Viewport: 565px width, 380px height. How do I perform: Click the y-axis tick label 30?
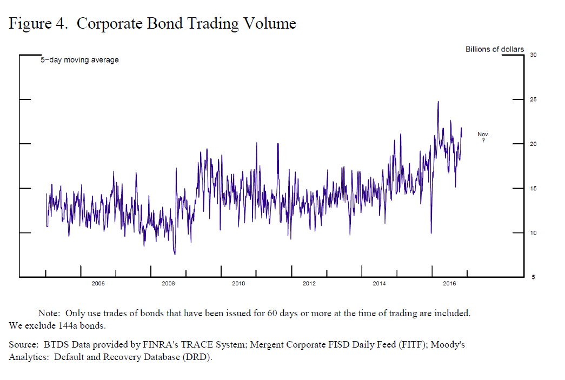pyautogui.click(x=533, y=55)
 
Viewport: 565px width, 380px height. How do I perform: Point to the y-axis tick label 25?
pyautogui.click(x=533, y=100)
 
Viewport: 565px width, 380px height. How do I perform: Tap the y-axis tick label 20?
pyautogui.click(x=533, y=144)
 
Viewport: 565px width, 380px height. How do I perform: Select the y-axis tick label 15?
pyautogui.click(x=533, y=189)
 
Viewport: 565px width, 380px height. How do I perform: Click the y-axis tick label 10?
pyautogui.click(x=533, y=233)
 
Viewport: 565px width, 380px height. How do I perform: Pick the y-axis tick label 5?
pyautogui.click(x=534, y=278)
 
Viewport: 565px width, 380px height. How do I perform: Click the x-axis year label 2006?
pyautogui.click(x=98, y=283)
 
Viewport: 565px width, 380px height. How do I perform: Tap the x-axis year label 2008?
pyautogui.click(x=168, y=283)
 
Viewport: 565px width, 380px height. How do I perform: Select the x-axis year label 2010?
pyautogui.click(x=238, y=283)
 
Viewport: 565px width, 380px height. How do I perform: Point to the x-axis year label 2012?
pyautogui.click(x=309, y=283)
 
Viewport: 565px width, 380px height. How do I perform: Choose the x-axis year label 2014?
pyautogui.click(x=379, y=283)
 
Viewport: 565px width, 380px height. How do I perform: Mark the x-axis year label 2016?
pyautogui.click(x=449, y=283)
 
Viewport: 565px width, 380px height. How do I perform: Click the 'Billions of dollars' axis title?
pyautogui.click(x=495, y=49)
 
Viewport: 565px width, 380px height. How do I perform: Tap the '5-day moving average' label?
pyautogui.click(x=79, y=60)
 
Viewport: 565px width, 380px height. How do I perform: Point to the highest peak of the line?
pyautogui.click(x=438, y=102)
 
